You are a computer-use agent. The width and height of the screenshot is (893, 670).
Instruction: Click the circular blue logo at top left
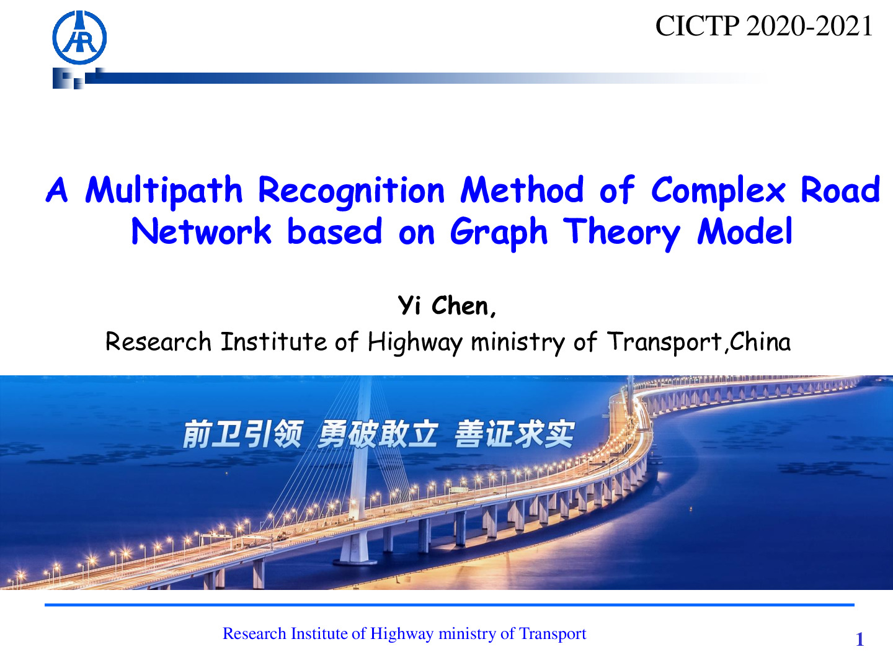(x=80, y=37)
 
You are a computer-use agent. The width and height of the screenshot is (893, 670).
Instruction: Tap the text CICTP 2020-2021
(x=764, y=26)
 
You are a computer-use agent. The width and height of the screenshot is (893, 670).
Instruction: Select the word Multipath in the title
(x=164, y=191)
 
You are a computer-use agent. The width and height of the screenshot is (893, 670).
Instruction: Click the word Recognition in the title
(x=352, y=191)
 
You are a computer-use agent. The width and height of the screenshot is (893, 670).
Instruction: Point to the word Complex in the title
(x=718, y=191)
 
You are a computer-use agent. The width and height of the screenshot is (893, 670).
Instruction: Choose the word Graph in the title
(x=499, y=233)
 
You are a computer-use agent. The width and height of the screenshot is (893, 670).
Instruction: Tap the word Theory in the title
(x=621, y=233)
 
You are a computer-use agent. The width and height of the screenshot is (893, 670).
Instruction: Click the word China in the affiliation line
(x=760, y=341)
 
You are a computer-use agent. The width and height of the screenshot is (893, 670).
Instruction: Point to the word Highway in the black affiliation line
(x=415, y=342)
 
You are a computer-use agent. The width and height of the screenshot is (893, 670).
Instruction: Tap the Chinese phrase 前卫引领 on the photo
(x=242, y=434)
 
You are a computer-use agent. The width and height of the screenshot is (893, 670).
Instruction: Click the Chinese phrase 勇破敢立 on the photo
(x=378, y=434)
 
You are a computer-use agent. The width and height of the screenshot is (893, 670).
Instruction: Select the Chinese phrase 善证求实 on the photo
(x=515, y=434)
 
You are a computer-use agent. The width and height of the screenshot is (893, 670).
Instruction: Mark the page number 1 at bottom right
(x=860, y=639)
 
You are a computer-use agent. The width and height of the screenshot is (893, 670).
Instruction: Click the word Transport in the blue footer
(x=553, y=634)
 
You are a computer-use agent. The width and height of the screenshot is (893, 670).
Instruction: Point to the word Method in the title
(x=522, y=190)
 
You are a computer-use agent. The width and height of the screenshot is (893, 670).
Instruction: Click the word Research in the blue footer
(x=254, y=633)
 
